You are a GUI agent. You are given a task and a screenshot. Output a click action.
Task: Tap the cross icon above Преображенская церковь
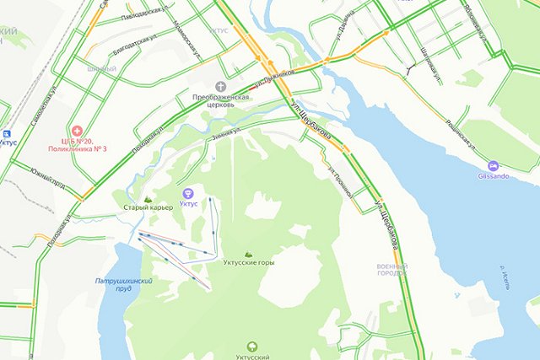[221, 87]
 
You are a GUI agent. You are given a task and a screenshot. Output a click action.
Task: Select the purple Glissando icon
[494, 166]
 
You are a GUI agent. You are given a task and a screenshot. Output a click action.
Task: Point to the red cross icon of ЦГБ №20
[77, 131]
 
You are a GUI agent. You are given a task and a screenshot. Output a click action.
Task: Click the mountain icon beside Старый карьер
[148, 199]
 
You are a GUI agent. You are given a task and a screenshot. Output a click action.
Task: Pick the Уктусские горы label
[247, 263]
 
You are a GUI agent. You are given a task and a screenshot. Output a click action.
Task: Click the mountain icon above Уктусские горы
[247, 254]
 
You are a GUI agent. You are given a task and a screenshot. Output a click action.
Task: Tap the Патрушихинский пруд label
[123, 284]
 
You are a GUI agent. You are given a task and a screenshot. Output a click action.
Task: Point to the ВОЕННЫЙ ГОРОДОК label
[391, 270]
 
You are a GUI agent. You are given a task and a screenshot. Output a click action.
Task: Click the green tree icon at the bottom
[252, 346]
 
